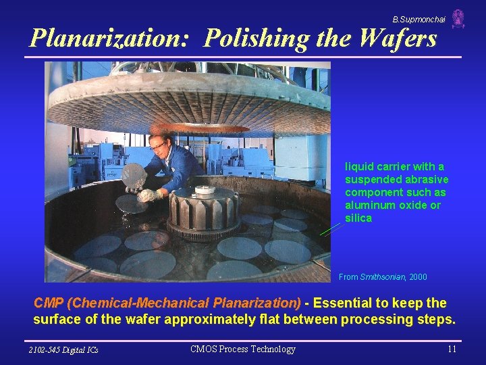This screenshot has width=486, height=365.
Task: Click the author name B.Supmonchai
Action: pyautogui.click(x=418, y=20)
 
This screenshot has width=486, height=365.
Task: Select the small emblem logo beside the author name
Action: pyautogui.click(x=458, y=19)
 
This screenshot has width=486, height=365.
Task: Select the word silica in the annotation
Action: pyautogui.click(x=358, y=218)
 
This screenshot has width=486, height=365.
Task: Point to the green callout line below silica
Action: pyautogui.click(x=330, y=230)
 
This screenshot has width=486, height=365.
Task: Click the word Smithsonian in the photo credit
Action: pyautogui.click(x=383, y=277)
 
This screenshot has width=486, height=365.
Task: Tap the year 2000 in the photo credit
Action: pyautogui.click(x=418, y=277)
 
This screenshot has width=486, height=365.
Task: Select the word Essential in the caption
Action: pyautogui.click(x=344, y=303)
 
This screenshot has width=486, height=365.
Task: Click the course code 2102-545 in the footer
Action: pyautogui.click(x=47, y=349)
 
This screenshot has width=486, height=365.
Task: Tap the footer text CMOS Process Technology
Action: pyautogui.click(x=243, y=349)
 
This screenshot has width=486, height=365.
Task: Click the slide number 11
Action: pyautogui.click(x=452, y=349)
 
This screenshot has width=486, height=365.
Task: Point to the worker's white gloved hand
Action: pyautogui.click(x=145, y=195)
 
